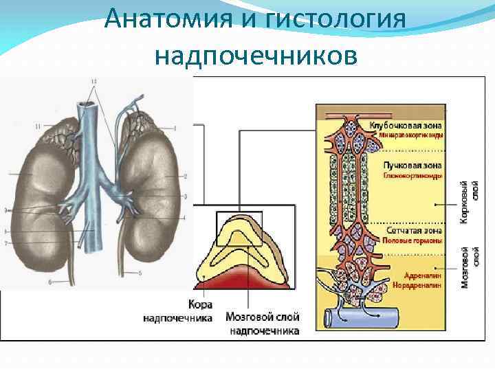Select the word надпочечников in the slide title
pos(256,54)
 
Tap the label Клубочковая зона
pos(406,126)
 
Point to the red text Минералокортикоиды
pos(411,135)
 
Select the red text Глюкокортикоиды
pos(412,175)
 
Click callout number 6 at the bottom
pos(49,282)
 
